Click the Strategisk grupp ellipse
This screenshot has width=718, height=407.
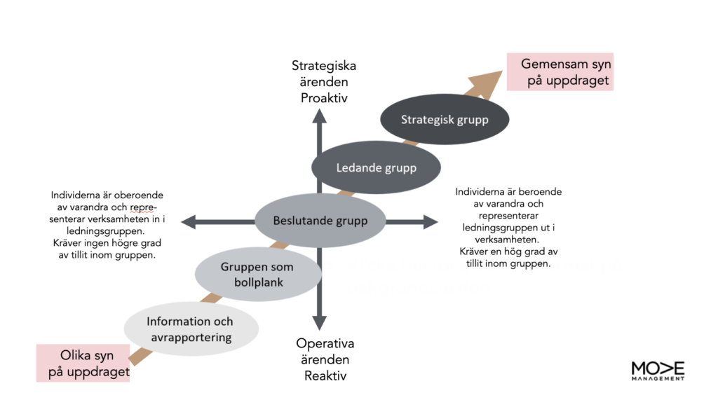tap(445, 119)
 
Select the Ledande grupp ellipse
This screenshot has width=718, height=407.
tap(376, 167)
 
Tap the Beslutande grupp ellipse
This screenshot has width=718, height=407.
tap(320, 221)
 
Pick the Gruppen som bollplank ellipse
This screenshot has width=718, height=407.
tap(258, 275)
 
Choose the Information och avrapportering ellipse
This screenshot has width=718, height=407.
tap(191, 329)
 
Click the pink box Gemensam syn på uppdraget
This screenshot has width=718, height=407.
tap(560, 71)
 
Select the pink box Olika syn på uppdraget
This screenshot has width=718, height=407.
tap(83, 363)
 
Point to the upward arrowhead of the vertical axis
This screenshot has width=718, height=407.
tap(320, 116)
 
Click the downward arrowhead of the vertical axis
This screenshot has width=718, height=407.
tap(320, 323)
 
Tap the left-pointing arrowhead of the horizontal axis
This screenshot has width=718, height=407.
tap(188, 222)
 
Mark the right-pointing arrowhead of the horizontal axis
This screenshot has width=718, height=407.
tap(431, 222)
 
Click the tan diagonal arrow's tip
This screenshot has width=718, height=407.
tap(503, 71)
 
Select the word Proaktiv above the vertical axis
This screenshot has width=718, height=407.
tap(324, 98)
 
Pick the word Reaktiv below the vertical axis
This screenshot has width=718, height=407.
tap(325, 375)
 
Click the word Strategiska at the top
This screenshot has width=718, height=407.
tap(324, 66)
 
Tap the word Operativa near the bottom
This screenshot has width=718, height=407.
tap(325, 343)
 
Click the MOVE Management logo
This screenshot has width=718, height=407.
tap(658, 371)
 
